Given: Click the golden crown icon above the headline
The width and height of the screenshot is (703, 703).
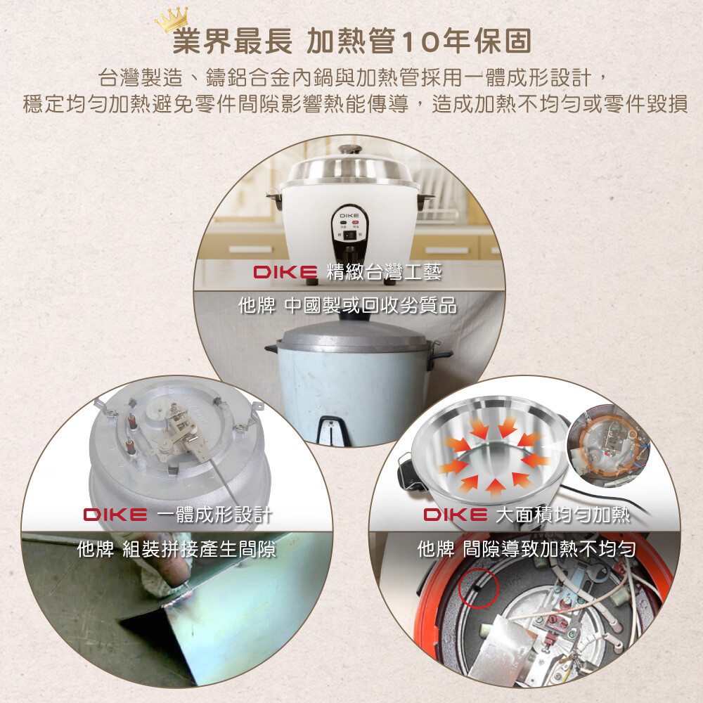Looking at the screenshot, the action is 172,20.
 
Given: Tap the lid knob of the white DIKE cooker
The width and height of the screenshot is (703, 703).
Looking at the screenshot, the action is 350,149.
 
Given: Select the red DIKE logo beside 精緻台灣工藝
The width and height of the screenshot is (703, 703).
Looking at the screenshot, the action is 285,272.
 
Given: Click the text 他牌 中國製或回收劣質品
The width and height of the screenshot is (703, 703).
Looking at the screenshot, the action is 347,306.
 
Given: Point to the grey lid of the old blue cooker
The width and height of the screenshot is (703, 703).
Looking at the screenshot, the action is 352,335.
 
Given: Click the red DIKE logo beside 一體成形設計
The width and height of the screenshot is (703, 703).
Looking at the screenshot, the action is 115,515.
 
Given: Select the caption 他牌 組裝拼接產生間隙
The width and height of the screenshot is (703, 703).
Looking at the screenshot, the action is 176,549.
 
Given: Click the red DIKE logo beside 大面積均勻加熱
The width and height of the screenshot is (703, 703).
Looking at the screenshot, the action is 456,515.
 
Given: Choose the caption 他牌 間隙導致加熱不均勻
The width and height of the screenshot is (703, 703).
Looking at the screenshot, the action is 527,549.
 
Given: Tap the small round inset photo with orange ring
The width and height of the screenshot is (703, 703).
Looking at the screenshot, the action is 608,446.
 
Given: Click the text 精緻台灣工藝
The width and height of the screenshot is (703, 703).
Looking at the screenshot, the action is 385,271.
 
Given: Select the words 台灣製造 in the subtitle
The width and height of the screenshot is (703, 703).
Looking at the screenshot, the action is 141,77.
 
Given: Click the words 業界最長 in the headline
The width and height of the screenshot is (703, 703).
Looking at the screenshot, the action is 232,41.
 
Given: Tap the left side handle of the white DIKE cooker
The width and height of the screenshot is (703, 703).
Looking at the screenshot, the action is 274,198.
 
